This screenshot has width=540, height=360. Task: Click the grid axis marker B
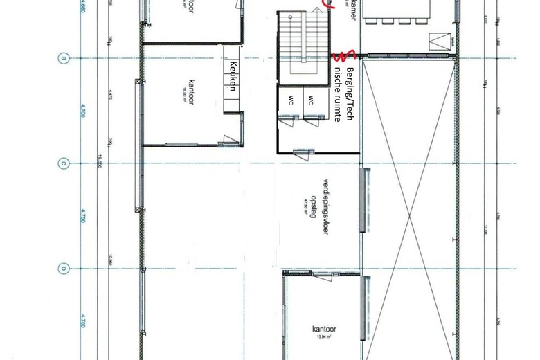pos(63,58)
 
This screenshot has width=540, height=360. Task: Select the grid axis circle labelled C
pos(63,163)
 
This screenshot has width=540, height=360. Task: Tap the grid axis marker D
pos(63,268)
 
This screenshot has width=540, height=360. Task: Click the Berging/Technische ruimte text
pos(343,95)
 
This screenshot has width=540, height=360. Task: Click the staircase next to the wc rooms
pos(302,42)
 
